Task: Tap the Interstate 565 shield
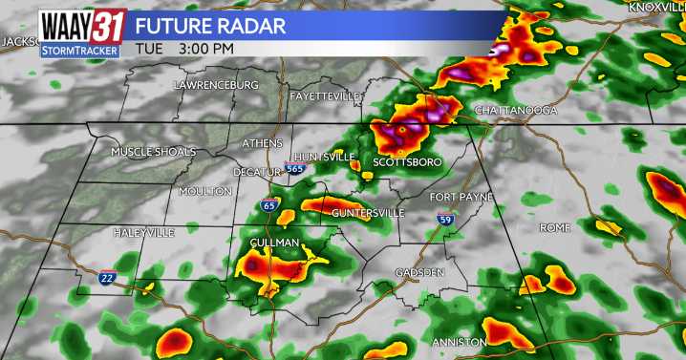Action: pos(294,169)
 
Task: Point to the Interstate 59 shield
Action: pos(445,220)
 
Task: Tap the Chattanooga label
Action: pos(515,111)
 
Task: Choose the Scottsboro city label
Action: pos(407,162)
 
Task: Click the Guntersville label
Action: pos(362,212)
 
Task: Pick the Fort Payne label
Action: pos(461,197)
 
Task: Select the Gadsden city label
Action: pos(421,273)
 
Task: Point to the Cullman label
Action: pos(274,244)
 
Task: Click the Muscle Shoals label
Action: pos(153,152)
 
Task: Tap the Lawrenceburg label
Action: pos(216,85)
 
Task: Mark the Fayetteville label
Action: pos(325,96)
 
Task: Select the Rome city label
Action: pos(554,227)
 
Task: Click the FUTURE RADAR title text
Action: pos(210,25)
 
